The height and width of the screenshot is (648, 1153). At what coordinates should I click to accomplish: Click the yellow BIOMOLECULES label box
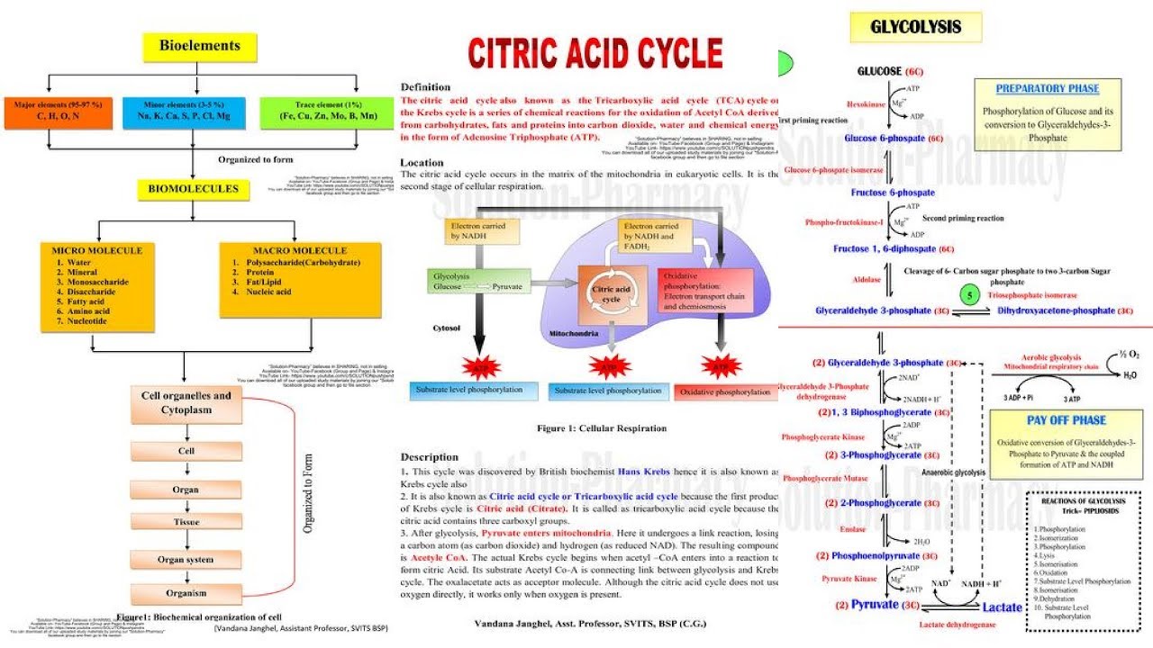click(187, 189)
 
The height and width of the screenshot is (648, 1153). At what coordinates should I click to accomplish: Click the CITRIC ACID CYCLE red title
click(595, 53)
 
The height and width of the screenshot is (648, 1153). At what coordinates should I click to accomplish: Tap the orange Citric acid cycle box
click(605, 294)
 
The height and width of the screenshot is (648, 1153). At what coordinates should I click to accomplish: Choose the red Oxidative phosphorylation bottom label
click(727, 392)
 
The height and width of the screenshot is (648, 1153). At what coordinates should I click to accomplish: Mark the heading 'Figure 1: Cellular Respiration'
click(602, 428)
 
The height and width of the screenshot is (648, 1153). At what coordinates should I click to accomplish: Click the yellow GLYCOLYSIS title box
click(915, 27)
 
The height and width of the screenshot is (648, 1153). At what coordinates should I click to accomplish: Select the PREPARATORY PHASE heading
click(1047, 89)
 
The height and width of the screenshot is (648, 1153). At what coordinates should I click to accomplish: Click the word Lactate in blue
click(1002, 607)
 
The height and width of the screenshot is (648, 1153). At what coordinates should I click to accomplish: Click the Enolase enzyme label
click(853, 530)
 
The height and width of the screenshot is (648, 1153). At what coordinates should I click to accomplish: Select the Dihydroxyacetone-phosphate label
click(1055, 310)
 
